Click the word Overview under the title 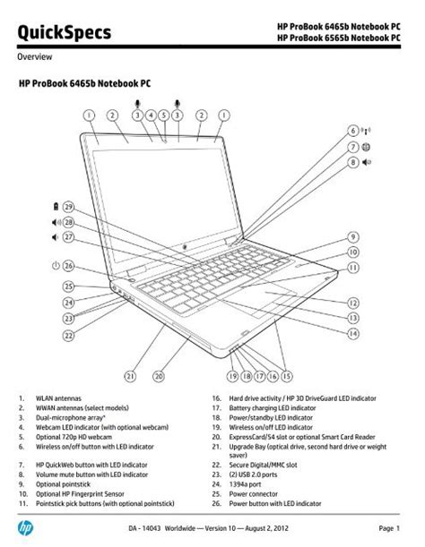tap(37, 56)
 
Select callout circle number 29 tap(68, 207)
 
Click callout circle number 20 tap(159, 377)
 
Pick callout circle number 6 tap(355, 131)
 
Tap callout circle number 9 tap(355, 237)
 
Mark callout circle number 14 tap(355, 333)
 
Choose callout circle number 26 tap(68, 266)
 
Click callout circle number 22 tap(68, 335)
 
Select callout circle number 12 tap(355, 303)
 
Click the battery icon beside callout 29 tap(56, 207)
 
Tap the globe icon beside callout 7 tap(368, 147)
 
